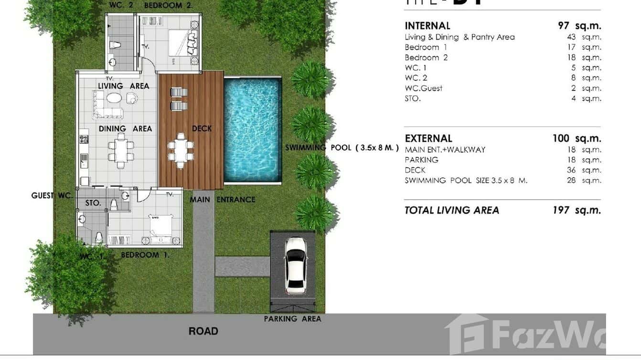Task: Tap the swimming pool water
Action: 252,130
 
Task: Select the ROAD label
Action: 203,331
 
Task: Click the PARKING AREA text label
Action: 292,319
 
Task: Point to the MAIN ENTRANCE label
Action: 223,200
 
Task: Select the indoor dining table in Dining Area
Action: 120,151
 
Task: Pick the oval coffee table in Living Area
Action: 114,98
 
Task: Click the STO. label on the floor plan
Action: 93,203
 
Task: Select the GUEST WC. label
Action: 52,195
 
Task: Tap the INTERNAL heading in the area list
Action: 427,26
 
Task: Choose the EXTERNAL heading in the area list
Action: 428,138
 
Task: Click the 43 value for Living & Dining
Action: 571,37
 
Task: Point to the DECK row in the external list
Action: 415,170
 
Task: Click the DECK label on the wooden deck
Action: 202,128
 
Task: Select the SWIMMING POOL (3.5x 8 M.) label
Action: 342,148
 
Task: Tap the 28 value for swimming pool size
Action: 571,180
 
